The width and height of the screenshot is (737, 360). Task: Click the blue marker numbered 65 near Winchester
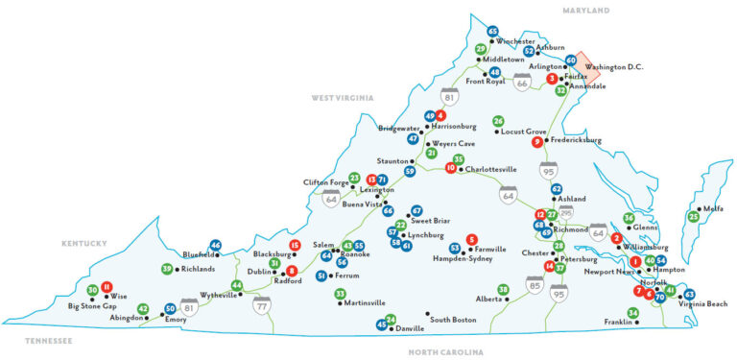(493, 32)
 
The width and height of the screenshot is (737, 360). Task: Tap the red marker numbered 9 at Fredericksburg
(537, 143)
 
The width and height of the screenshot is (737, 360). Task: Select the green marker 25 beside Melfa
(693, 217)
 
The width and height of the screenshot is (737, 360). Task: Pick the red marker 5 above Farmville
(471, 239)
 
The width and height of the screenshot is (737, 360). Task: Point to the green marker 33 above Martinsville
(340, 293)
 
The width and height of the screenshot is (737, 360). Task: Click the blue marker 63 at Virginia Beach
(689, 294)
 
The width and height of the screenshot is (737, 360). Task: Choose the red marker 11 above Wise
(107, 286)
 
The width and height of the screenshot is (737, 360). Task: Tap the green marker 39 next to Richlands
(167, 269)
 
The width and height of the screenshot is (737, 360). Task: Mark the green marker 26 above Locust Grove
(498, 121)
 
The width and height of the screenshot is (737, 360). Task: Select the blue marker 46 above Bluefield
(216, 246)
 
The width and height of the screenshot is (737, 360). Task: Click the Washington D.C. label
(613, 67)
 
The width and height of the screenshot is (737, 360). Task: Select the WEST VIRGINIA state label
(343, 98)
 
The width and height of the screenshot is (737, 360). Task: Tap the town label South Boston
(453, 319)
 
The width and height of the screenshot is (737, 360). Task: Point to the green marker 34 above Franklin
(632, 313)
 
